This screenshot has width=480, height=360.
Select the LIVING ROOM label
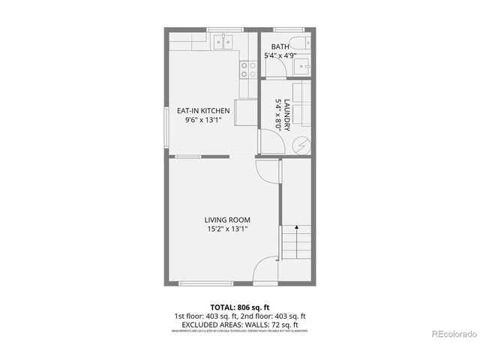click(227, 220)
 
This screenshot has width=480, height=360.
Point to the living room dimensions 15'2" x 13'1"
click(227, 229)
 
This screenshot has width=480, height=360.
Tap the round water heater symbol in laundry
click(300, 145)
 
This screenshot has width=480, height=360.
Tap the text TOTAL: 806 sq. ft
click(239, 307)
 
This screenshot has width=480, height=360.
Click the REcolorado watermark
click(451, 334)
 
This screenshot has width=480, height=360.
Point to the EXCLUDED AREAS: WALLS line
click(239, 324)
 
